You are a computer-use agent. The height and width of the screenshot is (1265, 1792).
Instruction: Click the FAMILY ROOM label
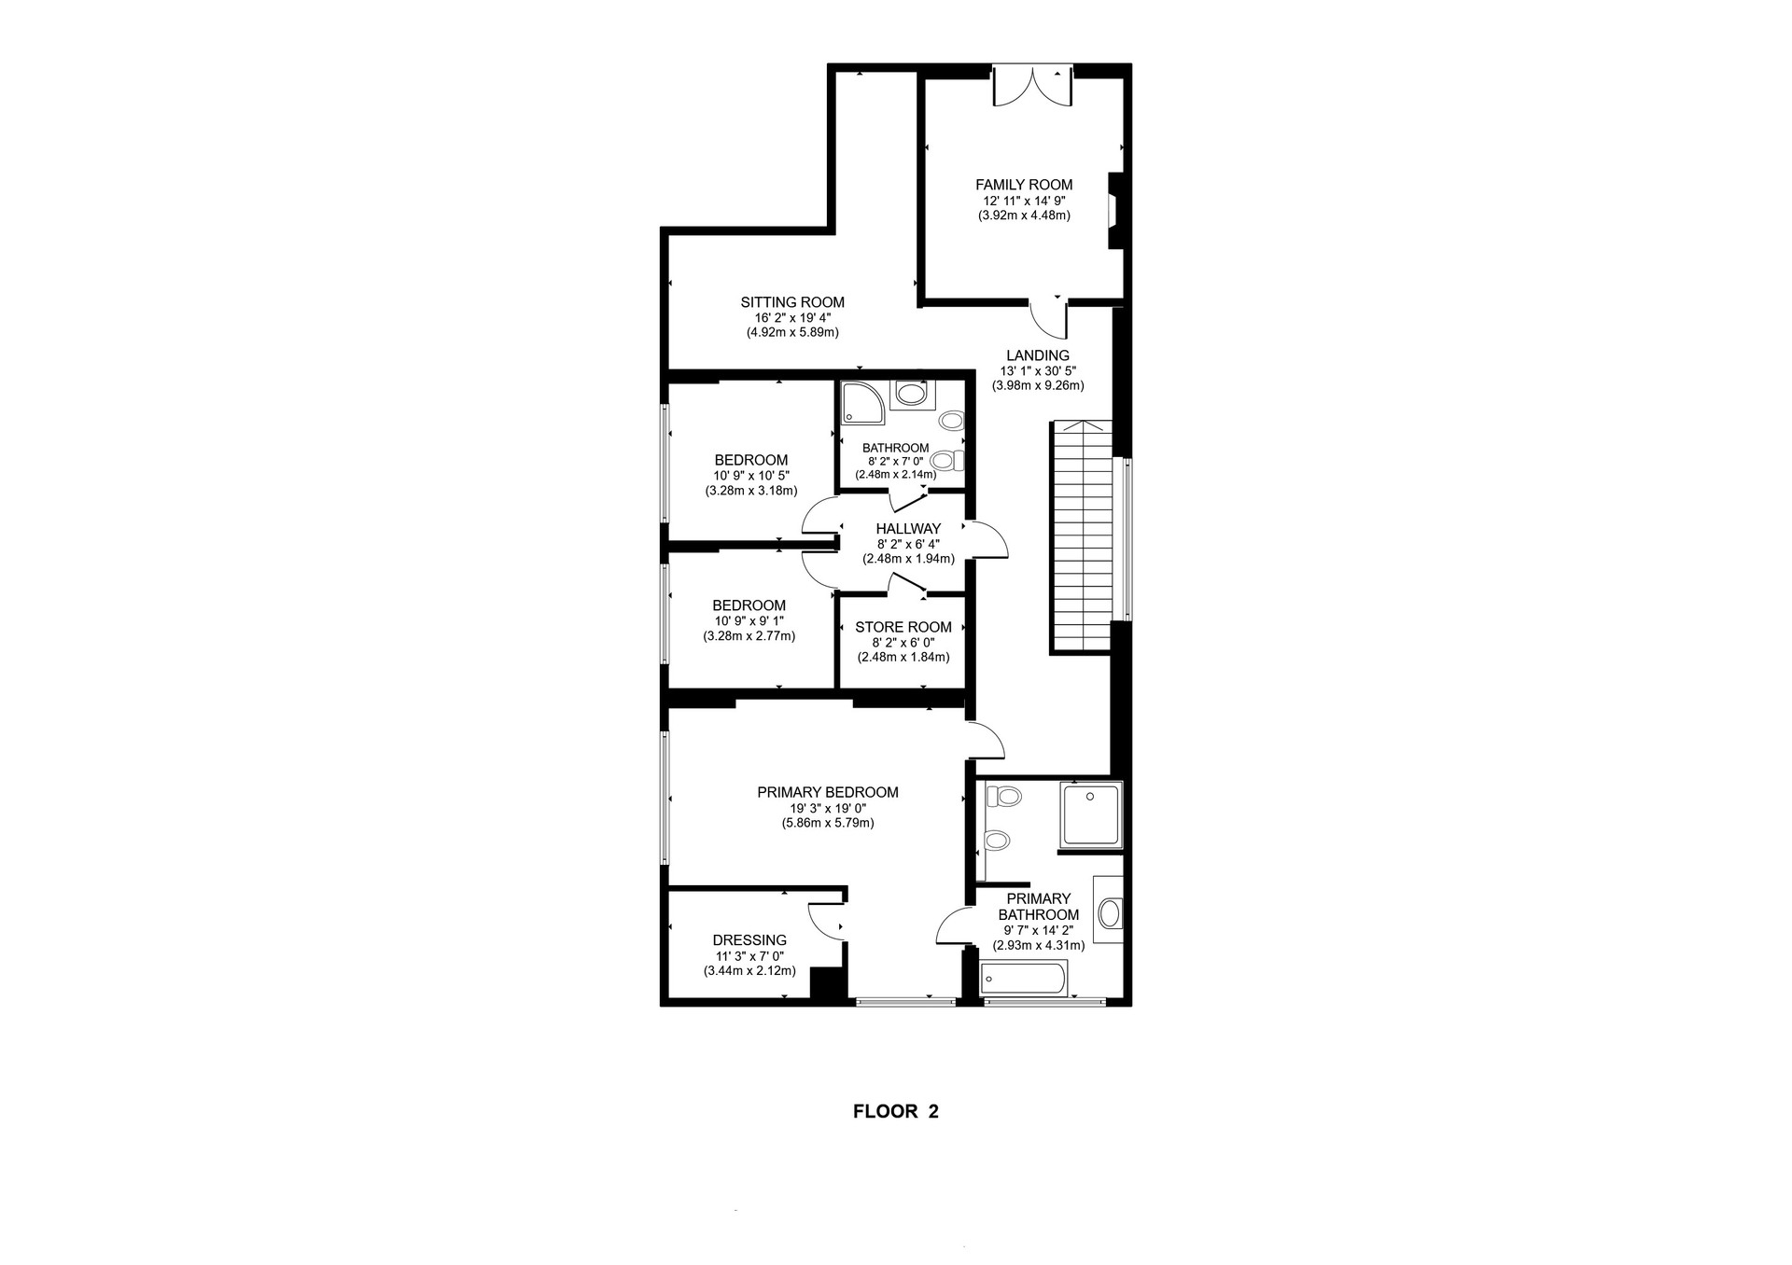[1024, 185]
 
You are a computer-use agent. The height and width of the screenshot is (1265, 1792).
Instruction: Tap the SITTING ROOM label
[792, 302]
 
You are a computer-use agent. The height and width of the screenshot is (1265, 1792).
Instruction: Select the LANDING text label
[1038, 355]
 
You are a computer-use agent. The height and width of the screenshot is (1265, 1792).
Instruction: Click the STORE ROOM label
[903, 627]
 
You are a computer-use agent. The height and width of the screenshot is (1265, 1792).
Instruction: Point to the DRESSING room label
[749, 940]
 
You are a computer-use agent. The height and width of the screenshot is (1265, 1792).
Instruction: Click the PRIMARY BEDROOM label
[828, 792]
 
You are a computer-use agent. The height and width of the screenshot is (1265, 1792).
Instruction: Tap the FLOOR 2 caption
[896, 1111]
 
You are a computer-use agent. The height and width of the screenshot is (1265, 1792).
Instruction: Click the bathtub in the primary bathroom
[1023, 980]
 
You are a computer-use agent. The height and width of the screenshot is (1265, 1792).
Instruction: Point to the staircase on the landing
[1083, 536]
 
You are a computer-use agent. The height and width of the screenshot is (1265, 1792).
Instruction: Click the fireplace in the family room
[1113, 211]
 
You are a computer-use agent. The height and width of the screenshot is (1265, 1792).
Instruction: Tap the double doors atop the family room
[1032, 86]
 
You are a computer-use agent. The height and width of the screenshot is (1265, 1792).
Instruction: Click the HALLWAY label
[908, 529]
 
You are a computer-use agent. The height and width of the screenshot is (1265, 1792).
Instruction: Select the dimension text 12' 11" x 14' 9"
[1024, 201]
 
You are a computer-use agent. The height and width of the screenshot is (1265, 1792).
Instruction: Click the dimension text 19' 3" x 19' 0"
[828, 808]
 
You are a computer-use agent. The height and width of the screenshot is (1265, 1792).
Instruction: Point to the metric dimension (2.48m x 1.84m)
[903, 657]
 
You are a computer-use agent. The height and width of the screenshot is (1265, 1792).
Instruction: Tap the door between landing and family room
[1049, 318]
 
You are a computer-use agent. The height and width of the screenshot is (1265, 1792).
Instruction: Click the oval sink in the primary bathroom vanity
[1110, 912]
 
